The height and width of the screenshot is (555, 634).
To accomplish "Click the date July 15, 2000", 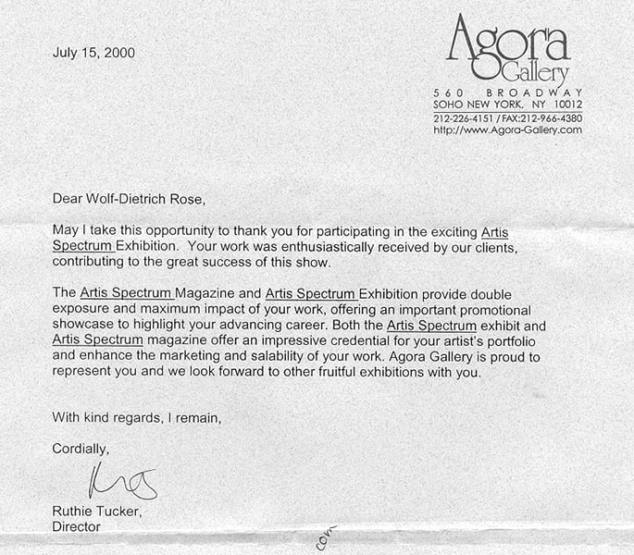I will pos(94,53).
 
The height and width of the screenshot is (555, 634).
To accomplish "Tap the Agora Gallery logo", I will pos(507,49).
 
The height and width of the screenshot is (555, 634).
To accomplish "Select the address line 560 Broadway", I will pos(507,92).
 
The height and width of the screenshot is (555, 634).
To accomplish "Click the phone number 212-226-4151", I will pos(465,117).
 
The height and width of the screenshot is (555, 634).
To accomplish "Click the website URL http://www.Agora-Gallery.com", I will pos(507,129).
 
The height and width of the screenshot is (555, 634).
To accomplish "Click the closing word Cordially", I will pos(81,449).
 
